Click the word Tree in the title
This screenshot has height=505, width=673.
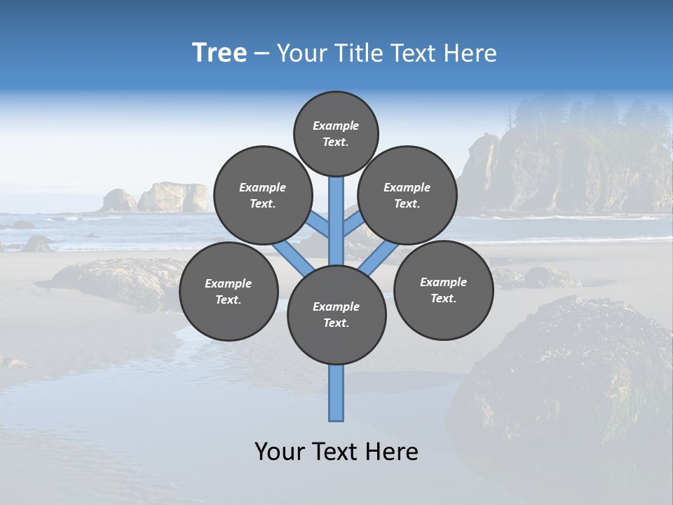coord(219,53)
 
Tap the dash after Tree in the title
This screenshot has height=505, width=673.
coord(261,54)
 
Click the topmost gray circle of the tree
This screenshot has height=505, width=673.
coord(336,133)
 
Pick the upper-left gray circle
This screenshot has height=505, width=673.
coord(263,195)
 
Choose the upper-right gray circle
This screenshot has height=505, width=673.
coord(407,195)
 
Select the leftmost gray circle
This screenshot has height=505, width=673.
coord(229,291)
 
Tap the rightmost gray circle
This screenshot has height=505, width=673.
coord(443,290)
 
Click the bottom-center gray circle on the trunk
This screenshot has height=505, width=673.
coord(336,314)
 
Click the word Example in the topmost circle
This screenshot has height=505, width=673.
coord(336,126)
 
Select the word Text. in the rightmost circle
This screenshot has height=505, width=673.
coord(443,298)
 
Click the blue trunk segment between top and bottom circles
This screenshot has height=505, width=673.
coord(336,221)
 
